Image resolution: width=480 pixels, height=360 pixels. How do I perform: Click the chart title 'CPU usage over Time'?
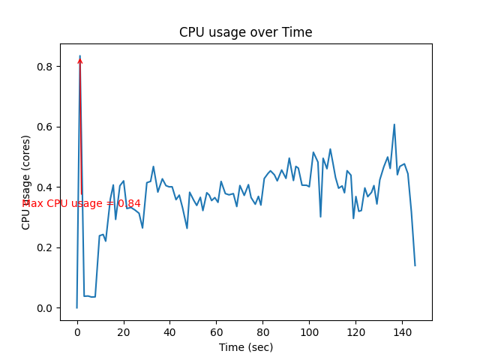pyautogui.click(x=245, y=32)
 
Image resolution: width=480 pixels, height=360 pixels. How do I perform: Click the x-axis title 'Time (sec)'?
pyautogui.click(x=245, y=347)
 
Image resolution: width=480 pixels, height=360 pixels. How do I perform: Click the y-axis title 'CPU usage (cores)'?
pyautogui.click(x=26, y=182)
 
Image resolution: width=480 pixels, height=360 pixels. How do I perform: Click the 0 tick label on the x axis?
pyautogui.click(x=77, y=331)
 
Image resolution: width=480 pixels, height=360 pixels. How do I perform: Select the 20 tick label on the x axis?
pyautogui.click(x=124, y=331)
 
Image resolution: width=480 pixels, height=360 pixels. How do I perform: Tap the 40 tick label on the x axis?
pyautogui.click(x=170, y=331)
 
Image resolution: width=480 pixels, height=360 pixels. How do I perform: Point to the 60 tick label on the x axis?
pyautogui.click(x=216, y=331)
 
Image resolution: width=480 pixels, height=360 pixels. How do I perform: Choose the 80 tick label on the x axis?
pyautogui.click(x=262, y=331)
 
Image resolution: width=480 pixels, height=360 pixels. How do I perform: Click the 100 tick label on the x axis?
pyautogui.click(x=309, y=331)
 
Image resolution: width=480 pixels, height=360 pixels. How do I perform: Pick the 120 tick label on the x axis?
pyautogui.click(x=355, y=331)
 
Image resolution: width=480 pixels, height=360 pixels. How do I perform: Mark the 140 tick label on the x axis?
pyautogui.click(x=402, y=331)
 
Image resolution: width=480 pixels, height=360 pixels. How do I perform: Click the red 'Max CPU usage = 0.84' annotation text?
pyautogui.click(x=81, y=203)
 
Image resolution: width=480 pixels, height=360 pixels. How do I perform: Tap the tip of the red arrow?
pyautogui.click(x=80, y=57)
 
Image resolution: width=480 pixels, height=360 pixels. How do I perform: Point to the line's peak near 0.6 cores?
pyautogui.click(x=394, y=124)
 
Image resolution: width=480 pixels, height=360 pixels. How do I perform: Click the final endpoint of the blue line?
pyautogui.click(x=415, y=265)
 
